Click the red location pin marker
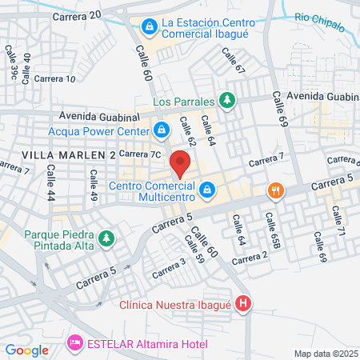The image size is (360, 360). click(x=181, y=165)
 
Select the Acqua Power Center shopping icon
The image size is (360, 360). click(x=162, y=129)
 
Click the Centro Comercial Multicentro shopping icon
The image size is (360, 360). click(x=207, y=190)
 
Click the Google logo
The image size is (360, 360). click(x=26, y=350)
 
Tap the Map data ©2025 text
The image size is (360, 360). click(x=326, y=354)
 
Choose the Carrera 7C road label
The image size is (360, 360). click(x=146, y=152)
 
